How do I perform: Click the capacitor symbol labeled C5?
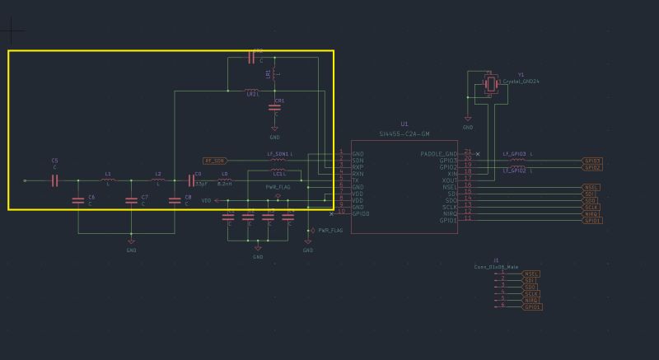point(54,180)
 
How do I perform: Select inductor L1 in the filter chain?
point(108,180)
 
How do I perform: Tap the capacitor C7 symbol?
point(130,200)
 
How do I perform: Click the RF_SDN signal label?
point(213,161)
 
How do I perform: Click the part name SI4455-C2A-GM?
point(403,133)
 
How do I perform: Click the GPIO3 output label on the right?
point(591,161)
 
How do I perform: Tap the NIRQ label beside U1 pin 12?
point(591,214)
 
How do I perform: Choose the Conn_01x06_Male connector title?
point(496,266)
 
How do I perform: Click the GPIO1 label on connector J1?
point(531,306)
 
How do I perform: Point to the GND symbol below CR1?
point(275,132)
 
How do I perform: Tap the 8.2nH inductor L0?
point(224,180)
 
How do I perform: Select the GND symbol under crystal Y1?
point(468,123)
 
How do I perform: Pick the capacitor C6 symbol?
point(77,200)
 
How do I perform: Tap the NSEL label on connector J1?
point(531,274)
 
